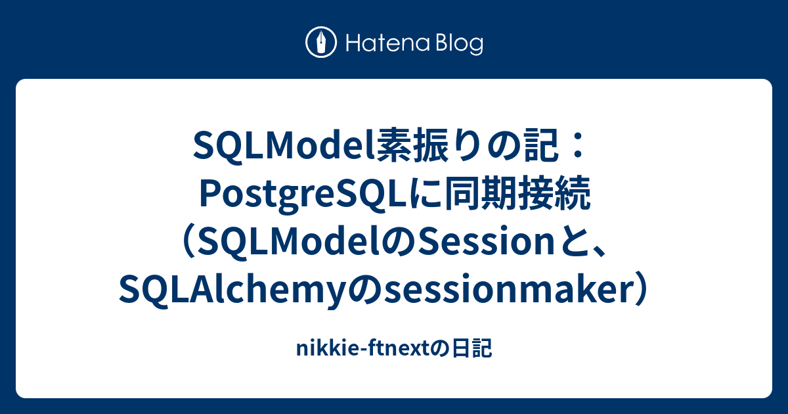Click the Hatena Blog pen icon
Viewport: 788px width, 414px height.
[321, 43]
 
